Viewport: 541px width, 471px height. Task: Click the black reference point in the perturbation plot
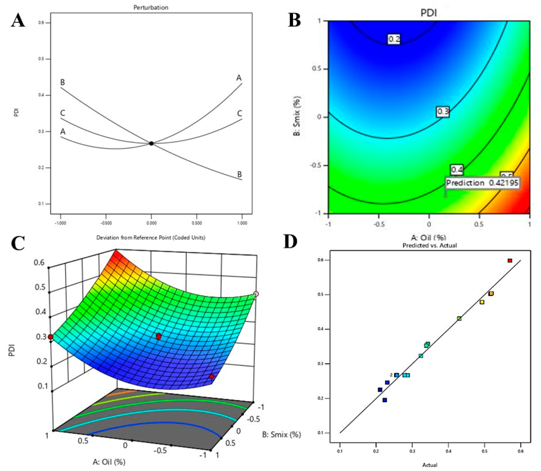coord(151,143)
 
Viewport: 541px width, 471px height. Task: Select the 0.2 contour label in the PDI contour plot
coord(394,39)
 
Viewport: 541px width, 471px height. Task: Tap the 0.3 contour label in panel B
coord(443,112)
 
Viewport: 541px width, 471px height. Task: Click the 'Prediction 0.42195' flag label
coord(482,183)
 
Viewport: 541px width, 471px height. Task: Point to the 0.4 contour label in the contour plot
coord(457,170)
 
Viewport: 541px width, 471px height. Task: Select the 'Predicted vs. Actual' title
coord(430,245)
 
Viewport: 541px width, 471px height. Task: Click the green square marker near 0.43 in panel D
coord(459,318)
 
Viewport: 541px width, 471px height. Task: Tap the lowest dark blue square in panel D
coord(385,400)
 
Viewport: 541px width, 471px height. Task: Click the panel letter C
coord(18,243)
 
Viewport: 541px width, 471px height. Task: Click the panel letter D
coord(290,241)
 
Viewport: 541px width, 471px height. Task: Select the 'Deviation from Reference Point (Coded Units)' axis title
coord(151,238)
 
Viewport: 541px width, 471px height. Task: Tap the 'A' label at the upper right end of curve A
coord(239,77)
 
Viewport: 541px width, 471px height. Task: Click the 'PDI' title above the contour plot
coord(429,13)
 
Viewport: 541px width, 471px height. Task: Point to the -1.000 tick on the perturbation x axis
coord(60,223)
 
